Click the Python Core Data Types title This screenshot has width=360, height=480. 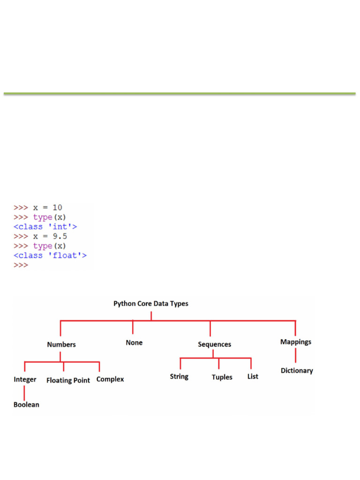point(151,304)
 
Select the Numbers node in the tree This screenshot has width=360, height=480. point(61,345)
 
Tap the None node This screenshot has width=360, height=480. point(134,343)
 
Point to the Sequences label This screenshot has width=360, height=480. point(214,345)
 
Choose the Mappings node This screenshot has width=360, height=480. point(296,342)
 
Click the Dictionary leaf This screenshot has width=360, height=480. point(297,371)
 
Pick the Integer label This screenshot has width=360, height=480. point(25,380)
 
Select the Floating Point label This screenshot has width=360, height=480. point(68,381)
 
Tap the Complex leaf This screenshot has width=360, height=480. point(110,379)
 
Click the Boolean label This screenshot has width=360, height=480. point(26,405)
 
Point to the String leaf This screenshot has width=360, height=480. point(179,376)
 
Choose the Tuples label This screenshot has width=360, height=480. point(222,377)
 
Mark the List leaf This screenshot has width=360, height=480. point(253,376)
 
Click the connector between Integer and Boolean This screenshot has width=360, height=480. point(24,392)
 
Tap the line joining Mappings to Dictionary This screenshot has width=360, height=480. point(296,356)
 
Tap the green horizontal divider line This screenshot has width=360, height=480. point(180,94)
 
